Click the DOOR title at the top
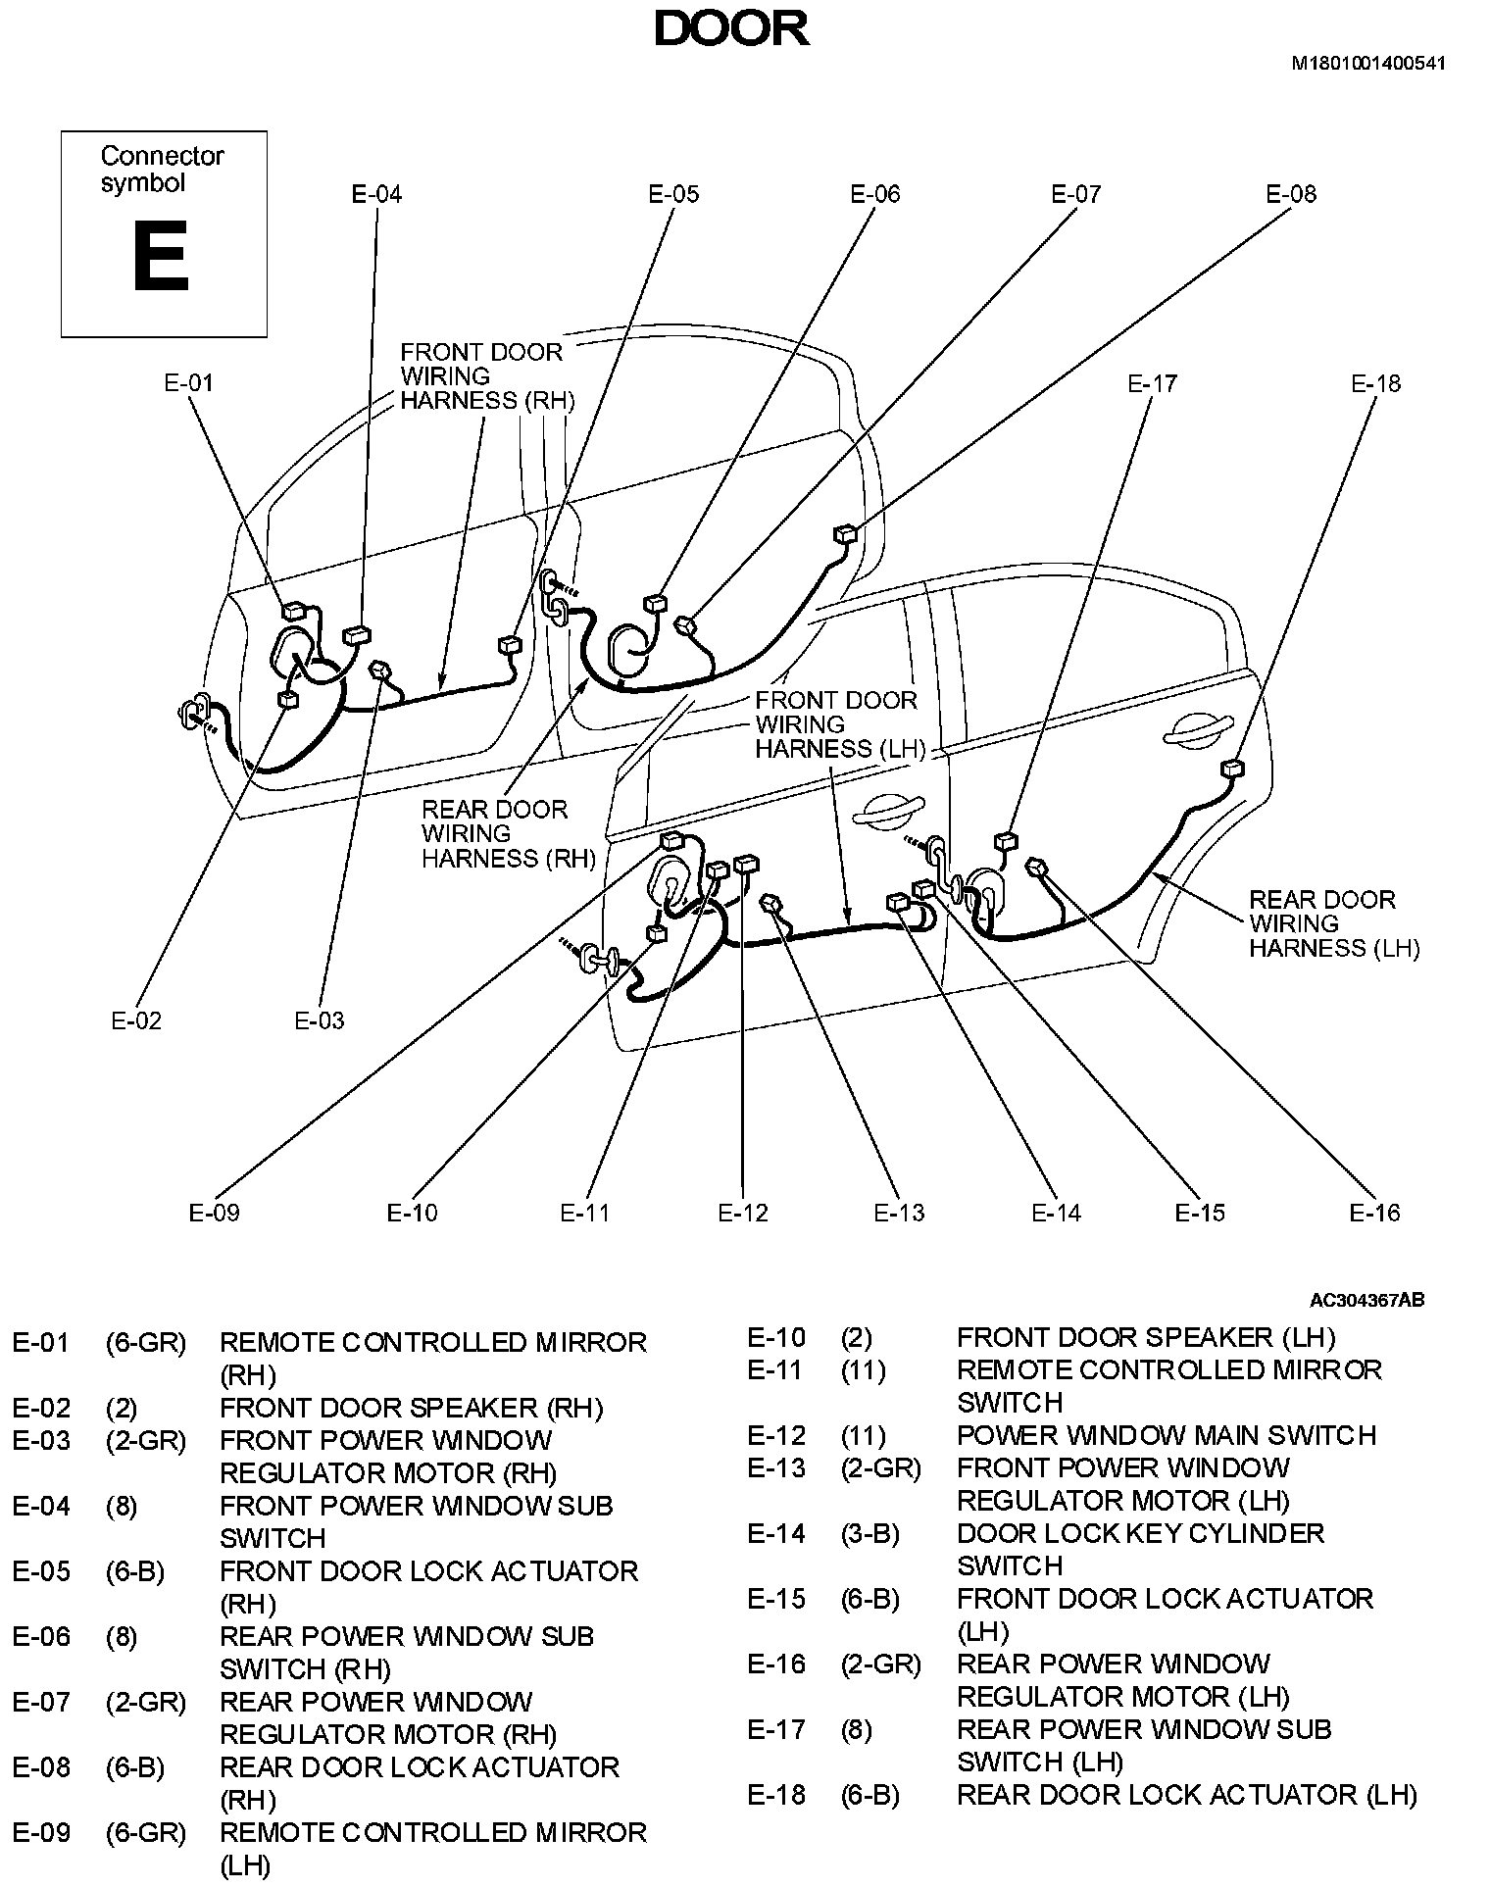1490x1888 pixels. pyautogui.click(x=731, y=28)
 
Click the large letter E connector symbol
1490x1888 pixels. pyautogui.click(x=161, y=256)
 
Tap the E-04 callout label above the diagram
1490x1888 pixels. pyautogui.click(x=376, y=194)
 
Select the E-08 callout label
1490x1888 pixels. pyautogui.click(x=1291, y=194)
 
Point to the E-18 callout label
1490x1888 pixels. pyautogui.click(x=1375, y=383)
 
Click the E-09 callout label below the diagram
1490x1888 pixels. pyautogui.click(x=214, y=1213)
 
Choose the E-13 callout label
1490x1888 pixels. pyautogui.click(x=899, y=1213)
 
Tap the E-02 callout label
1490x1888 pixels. pyautogui.click(x=135, y=1020)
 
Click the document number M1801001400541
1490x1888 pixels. pyautogui.click(x=1367, y=64)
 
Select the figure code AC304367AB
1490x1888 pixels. pyautogui.click(x=1366, y=1301)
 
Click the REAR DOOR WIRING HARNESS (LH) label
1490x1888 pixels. pyautogui.click(x=1333, y=923)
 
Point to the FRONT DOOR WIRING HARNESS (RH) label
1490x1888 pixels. pyautogui.click(x=487, y=376)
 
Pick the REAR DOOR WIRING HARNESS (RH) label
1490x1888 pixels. pyautogui.click(x=508, y=833)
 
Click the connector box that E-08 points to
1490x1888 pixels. pyautogui.click(x=845, y=534)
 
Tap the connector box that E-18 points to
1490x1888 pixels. pyautogui.click(x=1233, y=768)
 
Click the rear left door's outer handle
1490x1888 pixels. pyautogui.click(x=1195, y=729)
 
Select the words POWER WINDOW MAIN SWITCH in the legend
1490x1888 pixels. pyautogui.click(x=1166, y=1435)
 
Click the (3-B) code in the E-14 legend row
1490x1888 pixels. pyautogui.click(x=869, y=1533)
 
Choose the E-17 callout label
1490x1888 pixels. pyautogui.click(x=1151, y=383)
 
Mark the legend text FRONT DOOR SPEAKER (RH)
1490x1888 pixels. pyautogui.click(x=411, y=1408)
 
